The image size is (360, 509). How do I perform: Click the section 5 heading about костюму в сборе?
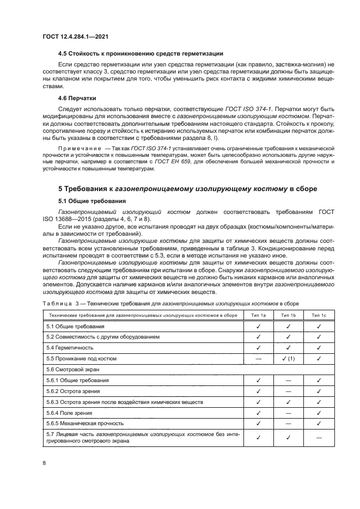pyautogui.click(x=188, y=188)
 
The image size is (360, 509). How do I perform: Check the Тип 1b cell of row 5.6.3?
pyautogui.click(x=288, y=402)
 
